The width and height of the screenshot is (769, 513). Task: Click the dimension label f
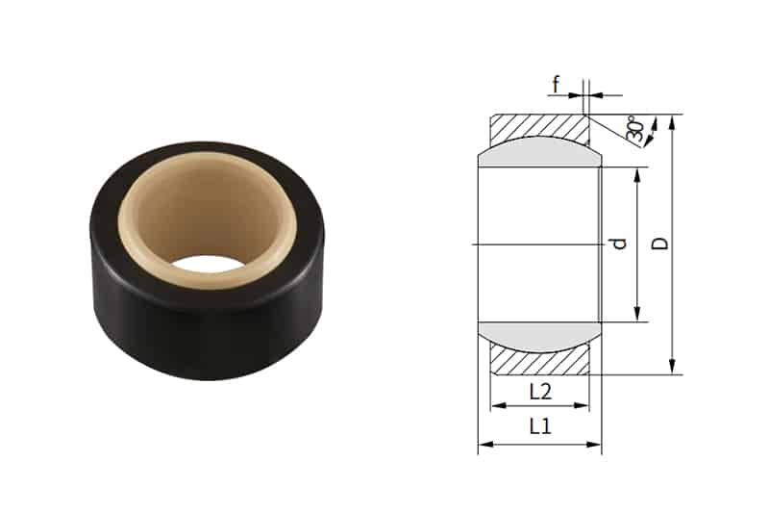[556, 84]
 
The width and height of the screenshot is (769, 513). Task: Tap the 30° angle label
[635, 131]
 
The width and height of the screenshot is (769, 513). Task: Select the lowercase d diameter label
[620, 244]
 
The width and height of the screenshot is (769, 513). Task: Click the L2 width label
[539, 391]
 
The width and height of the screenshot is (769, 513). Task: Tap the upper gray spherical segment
[539, 151]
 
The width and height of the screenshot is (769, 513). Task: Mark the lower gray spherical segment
[539, 336]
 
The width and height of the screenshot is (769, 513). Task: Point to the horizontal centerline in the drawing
[538, 244]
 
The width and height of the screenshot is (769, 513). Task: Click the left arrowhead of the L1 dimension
[484, 445]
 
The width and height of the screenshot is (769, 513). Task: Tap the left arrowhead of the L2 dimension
[496, 406]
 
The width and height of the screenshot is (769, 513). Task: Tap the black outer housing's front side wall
[202, 327]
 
